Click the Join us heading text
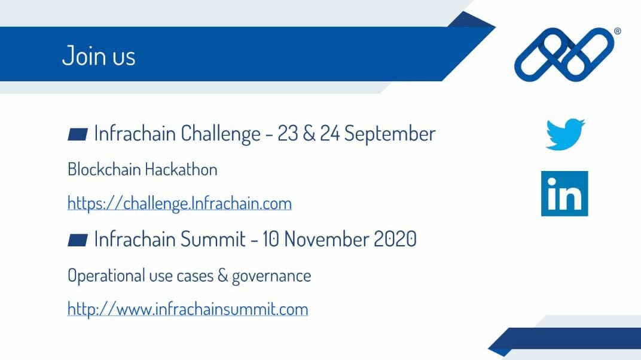pos(99,56)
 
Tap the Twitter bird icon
pos(565,135)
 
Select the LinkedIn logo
pos(564,193)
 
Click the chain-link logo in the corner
pos(564,54)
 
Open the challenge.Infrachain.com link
pos(179,203)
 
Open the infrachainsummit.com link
pos(188,309)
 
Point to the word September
pos(390,133)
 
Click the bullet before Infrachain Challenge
pos(78,135)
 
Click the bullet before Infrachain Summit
pos(78,240)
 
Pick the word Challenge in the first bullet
pos(220,134)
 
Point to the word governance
pos(271,276)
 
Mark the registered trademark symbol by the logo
pos(617,31)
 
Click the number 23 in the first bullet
pos(288,133)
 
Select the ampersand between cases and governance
pos(222,276)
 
